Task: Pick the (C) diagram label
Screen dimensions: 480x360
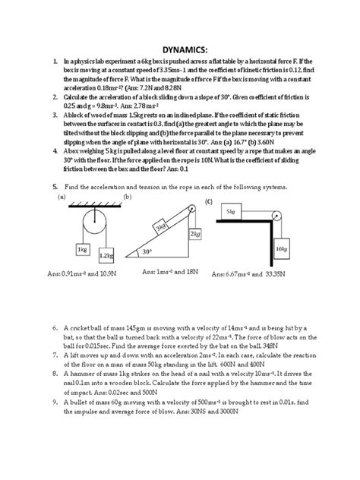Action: pyautogui.click(x=207, y=201)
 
